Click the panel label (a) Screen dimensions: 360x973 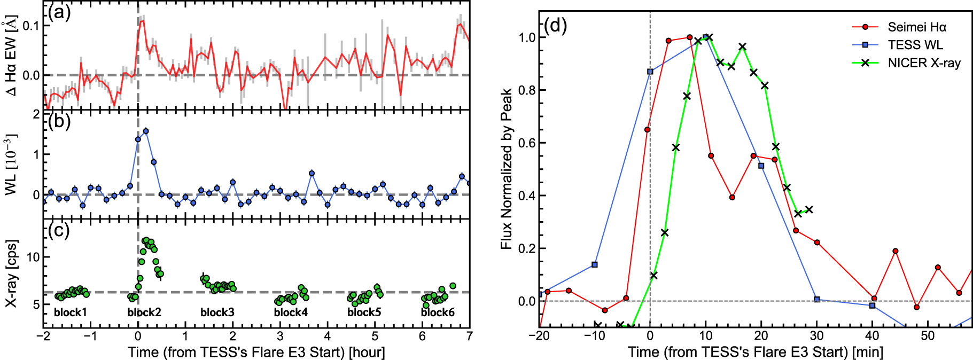pyautogui.click(x=59, y=12)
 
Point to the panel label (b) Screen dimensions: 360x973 pyautogui.click(x=59, y=121)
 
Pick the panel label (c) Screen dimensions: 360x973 pyautogui.click(x=59, y=230)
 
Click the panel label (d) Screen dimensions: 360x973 pyautogui.click(x=555, y=25)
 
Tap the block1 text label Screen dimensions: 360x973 pyautogui.click(x=71, y=312)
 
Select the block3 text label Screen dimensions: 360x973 pyautogui.click(x=217, y=312)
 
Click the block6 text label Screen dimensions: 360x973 pyautogui.click(x=438, y=312)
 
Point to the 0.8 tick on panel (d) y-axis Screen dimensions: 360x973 pyautogui.click(x=527, y=90)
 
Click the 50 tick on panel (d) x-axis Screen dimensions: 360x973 pyautogui.click(x=928, y=336)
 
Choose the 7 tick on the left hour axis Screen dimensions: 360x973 pyautogui.click(x=469, y=336)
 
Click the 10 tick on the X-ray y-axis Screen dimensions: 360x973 pyautogui.click(x=33, y=257)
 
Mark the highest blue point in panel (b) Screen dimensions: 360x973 pyautogui.click(x=146, y=131)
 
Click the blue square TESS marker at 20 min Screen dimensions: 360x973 pyautogui.click(x=761, y=166)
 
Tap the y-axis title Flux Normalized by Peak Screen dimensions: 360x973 pyautogui.click(x=507, y=169)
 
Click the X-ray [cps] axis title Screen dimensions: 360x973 pyautogui.click(x=12, y=273)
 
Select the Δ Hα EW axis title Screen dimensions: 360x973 pyautogui.click(x=12, y=56)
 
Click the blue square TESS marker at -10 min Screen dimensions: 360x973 pyautogui.click(x=595, y=265)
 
